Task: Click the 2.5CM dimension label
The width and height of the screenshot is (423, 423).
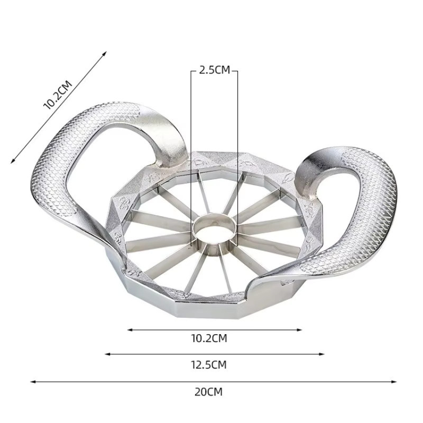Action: [x=215, y=70]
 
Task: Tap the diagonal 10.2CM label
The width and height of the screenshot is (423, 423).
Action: [x=58, y=95]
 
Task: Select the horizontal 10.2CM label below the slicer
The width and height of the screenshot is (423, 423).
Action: [x=209, y=338]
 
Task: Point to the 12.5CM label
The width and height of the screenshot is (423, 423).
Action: [x=209, y=365]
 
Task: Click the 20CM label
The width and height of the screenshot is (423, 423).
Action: [x=208, y=392]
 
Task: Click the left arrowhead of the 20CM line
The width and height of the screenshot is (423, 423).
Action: [x=33, y=382]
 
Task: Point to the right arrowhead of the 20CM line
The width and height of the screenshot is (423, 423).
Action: [x=394, y=382]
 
